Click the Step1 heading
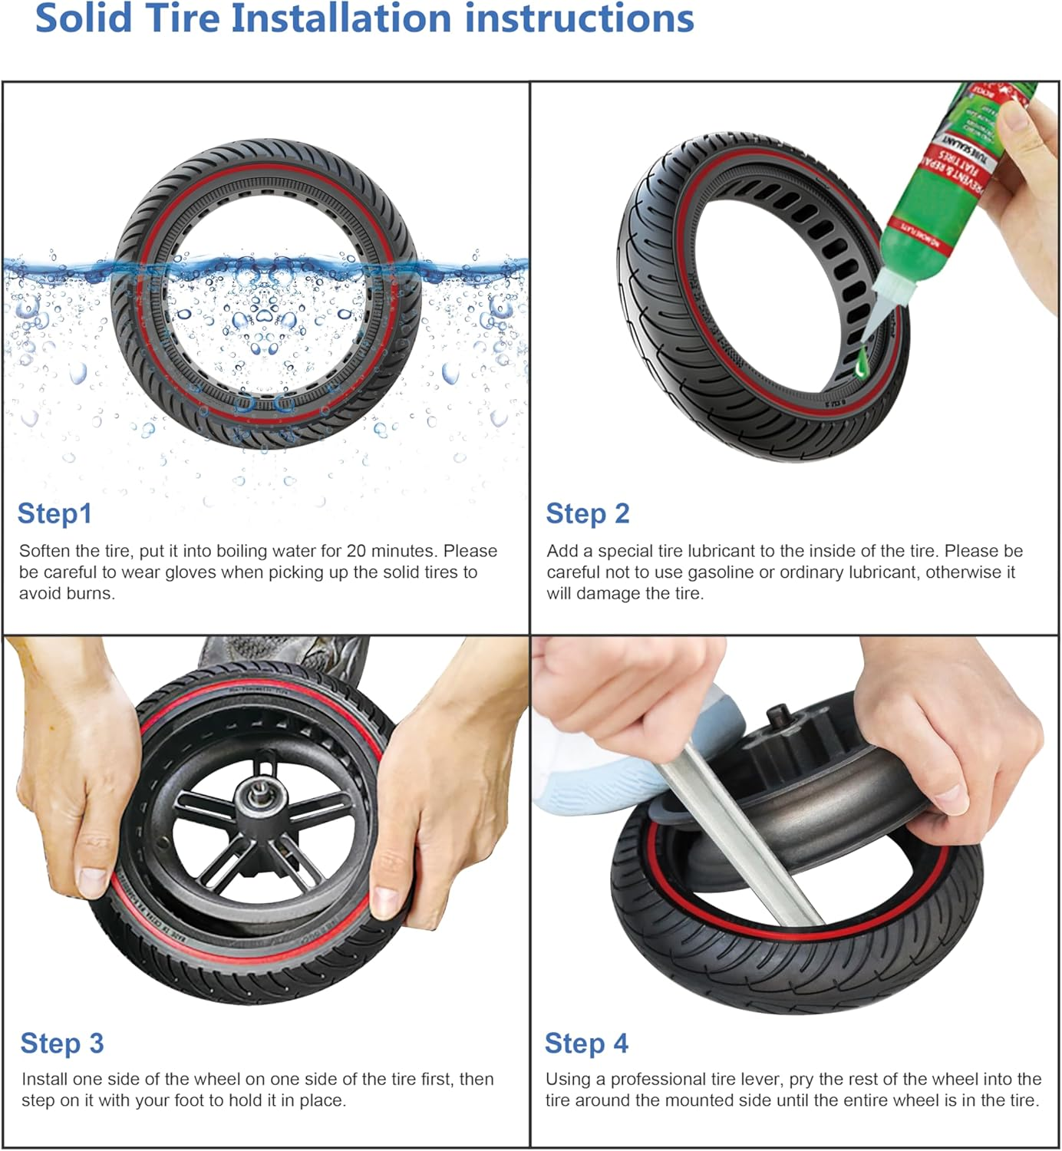click(54, 513)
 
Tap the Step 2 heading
click(587, 513)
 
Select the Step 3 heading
click(61, 1044)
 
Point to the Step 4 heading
click(586, 1044)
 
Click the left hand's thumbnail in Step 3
click(93, 875)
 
